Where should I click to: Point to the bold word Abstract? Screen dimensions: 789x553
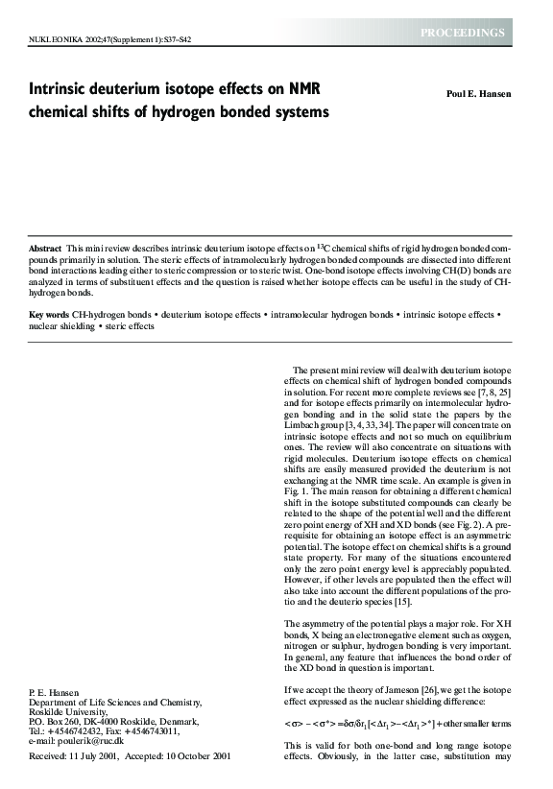coord(45,250)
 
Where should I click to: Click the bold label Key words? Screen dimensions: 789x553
coord(48,315)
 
